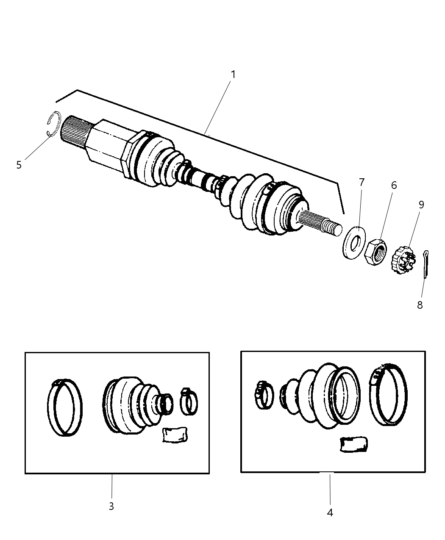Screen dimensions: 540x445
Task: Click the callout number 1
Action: (233, 75)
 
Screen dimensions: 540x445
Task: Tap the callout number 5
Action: (19, 165)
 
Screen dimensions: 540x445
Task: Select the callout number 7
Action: (362, 183)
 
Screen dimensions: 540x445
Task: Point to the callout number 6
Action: (394, 186)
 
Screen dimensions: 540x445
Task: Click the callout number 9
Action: (421, 205)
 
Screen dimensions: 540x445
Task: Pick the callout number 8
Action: (420, 305)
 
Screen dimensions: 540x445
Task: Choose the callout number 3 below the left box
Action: (111, 506)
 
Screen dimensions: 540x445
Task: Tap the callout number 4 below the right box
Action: (330, 512)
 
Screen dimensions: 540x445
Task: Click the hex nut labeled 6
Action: (375, 252)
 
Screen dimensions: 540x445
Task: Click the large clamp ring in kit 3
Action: (64, 407)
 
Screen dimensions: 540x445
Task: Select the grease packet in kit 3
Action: (175, 435)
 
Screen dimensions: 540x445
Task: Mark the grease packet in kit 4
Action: (353, 444)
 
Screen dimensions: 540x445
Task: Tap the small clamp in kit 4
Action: (264, 395)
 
